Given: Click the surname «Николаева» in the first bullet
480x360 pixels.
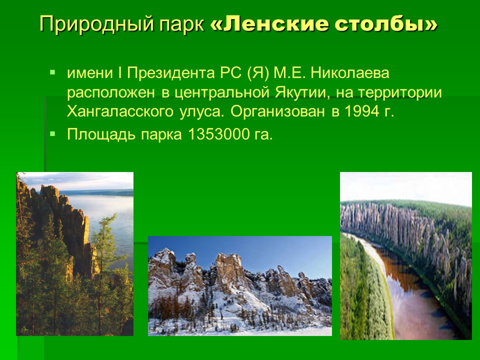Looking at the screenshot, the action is [350, 73].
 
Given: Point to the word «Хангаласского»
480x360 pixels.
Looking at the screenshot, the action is [120, 111].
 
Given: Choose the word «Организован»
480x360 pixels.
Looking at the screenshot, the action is [277, 111].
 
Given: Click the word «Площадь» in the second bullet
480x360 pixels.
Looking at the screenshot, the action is [101, 134].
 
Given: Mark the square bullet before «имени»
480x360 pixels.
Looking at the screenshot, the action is [53, 72].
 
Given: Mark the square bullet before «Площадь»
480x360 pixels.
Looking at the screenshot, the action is [53, 133].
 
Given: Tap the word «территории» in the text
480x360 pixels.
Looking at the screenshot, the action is [400, 92].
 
